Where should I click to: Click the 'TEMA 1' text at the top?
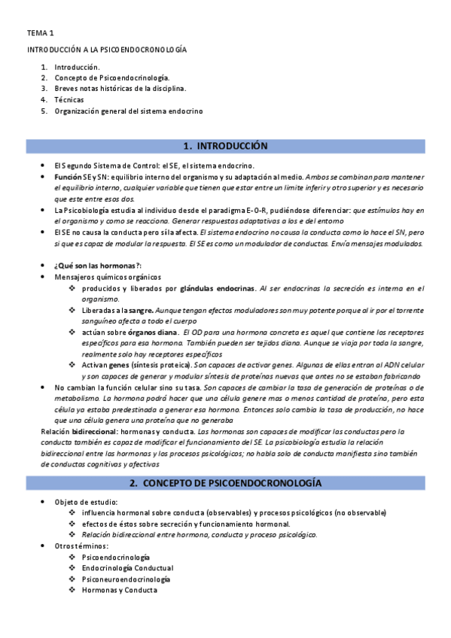41,34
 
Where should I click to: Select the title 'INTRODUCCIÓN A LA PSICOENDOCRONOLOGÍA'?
107,50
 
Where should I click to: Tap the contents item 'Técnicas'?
69,99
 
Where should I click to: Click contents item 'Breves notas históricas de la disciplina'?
120,88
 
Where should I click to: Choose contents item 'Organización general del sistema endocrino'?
128,111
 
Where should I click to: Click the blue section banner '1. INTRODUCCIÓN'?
225,145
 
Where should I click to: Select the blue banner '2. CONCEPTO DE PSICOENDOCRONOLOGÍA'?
225,481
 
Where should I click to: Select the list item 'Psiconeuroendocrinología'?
126,579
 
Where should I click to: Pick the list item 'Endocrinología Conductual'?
127,568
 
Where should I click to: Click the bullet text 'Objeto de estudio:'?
86,501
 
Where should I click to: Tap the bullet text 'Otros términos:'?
81,545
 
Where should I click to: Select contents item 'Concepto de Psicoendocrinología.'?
112,77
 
